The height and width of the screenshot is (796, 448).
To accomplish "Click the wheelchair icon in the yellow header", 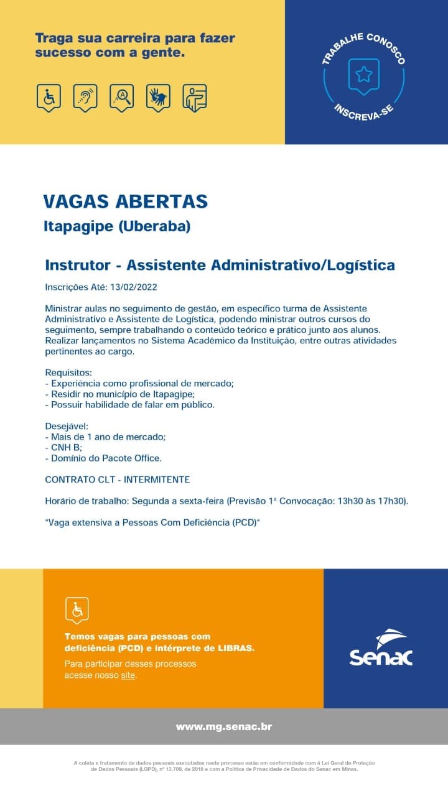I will pyautogui.click(x=49, y=97).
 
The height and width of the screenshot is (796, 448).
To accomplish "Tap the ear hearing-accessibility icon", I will pyautogui.click(x=85, y=97).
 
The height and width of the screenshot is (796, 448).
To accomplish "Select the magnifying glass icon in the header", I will pyautogui.click(x=122, y=97).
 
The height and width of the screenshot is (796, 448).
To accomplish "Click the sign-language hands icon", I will pyautogui.click(x=158, y=97).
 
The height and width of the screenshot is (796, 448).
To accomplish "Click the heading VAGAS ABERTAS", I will pyautogui.click(x=125, y=201).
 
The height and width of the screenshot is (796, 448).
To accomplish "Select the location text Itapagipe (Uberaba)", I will pyautogui.click(x=116, y=226).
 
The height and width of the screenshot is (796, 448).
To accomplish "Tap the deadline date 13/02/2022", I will pyautogui.click(x=134, y=287).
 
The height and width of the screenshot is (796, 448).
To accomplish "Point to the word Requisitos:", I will pyautogui.click(x=68, y=373).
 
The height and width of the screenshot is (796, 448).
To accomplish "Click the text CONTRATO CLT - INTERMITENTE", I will pyautogui.click(x=118, y=479).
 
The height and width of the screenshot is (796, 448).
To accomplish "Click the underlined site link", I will pyautogui.click(x=128, y=675).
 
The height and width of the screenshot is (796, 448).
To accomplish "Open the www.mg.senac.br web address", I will pyautogui.click(x=224, y=726).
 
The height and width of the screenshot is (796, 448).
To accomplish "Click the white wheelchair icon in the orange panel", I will pyautogui.click(x=77, y=610).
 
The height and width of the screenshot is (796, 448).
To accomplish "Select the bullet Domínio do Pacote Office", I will pyautogui.click(x=103, y=458).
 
